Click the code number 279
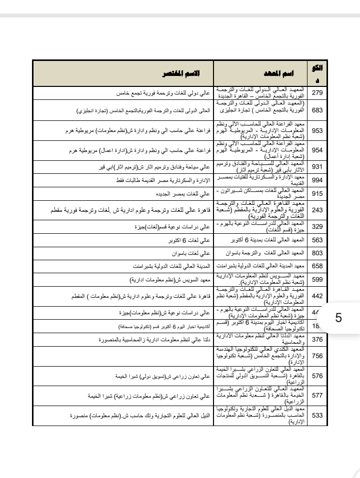pyautogui.click(x=317, y=93)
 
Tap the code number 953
pyautogui.click(x=317, y=131)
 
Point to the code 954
pyautogui.click(x=317, y=150)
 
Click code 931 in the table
pyautogui.click(x=317, y=166)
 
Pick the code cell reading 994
pyautogui.click(x=317, y=180)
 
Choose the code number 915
pyautogui.click(x=317, y=193)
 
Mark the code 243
pyautogui.click(x=317, y=210)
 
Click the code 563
pyautogui.click(x=317, y=240)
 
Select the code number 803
pyautogui.click(x=317, y=253)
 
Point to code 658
pyautogui.click(x=317, y=266)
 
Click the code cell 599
pyautogui.click(x=317, y=279)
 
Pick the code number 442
pyautogui.click(x=317, y=296)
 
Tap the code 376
pyautogui.click(x=317, y=340)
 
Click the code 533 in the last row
pyautogui.click(x=317, y=415)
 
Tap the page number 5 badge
pyautogui.click(x=338, y=318)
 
